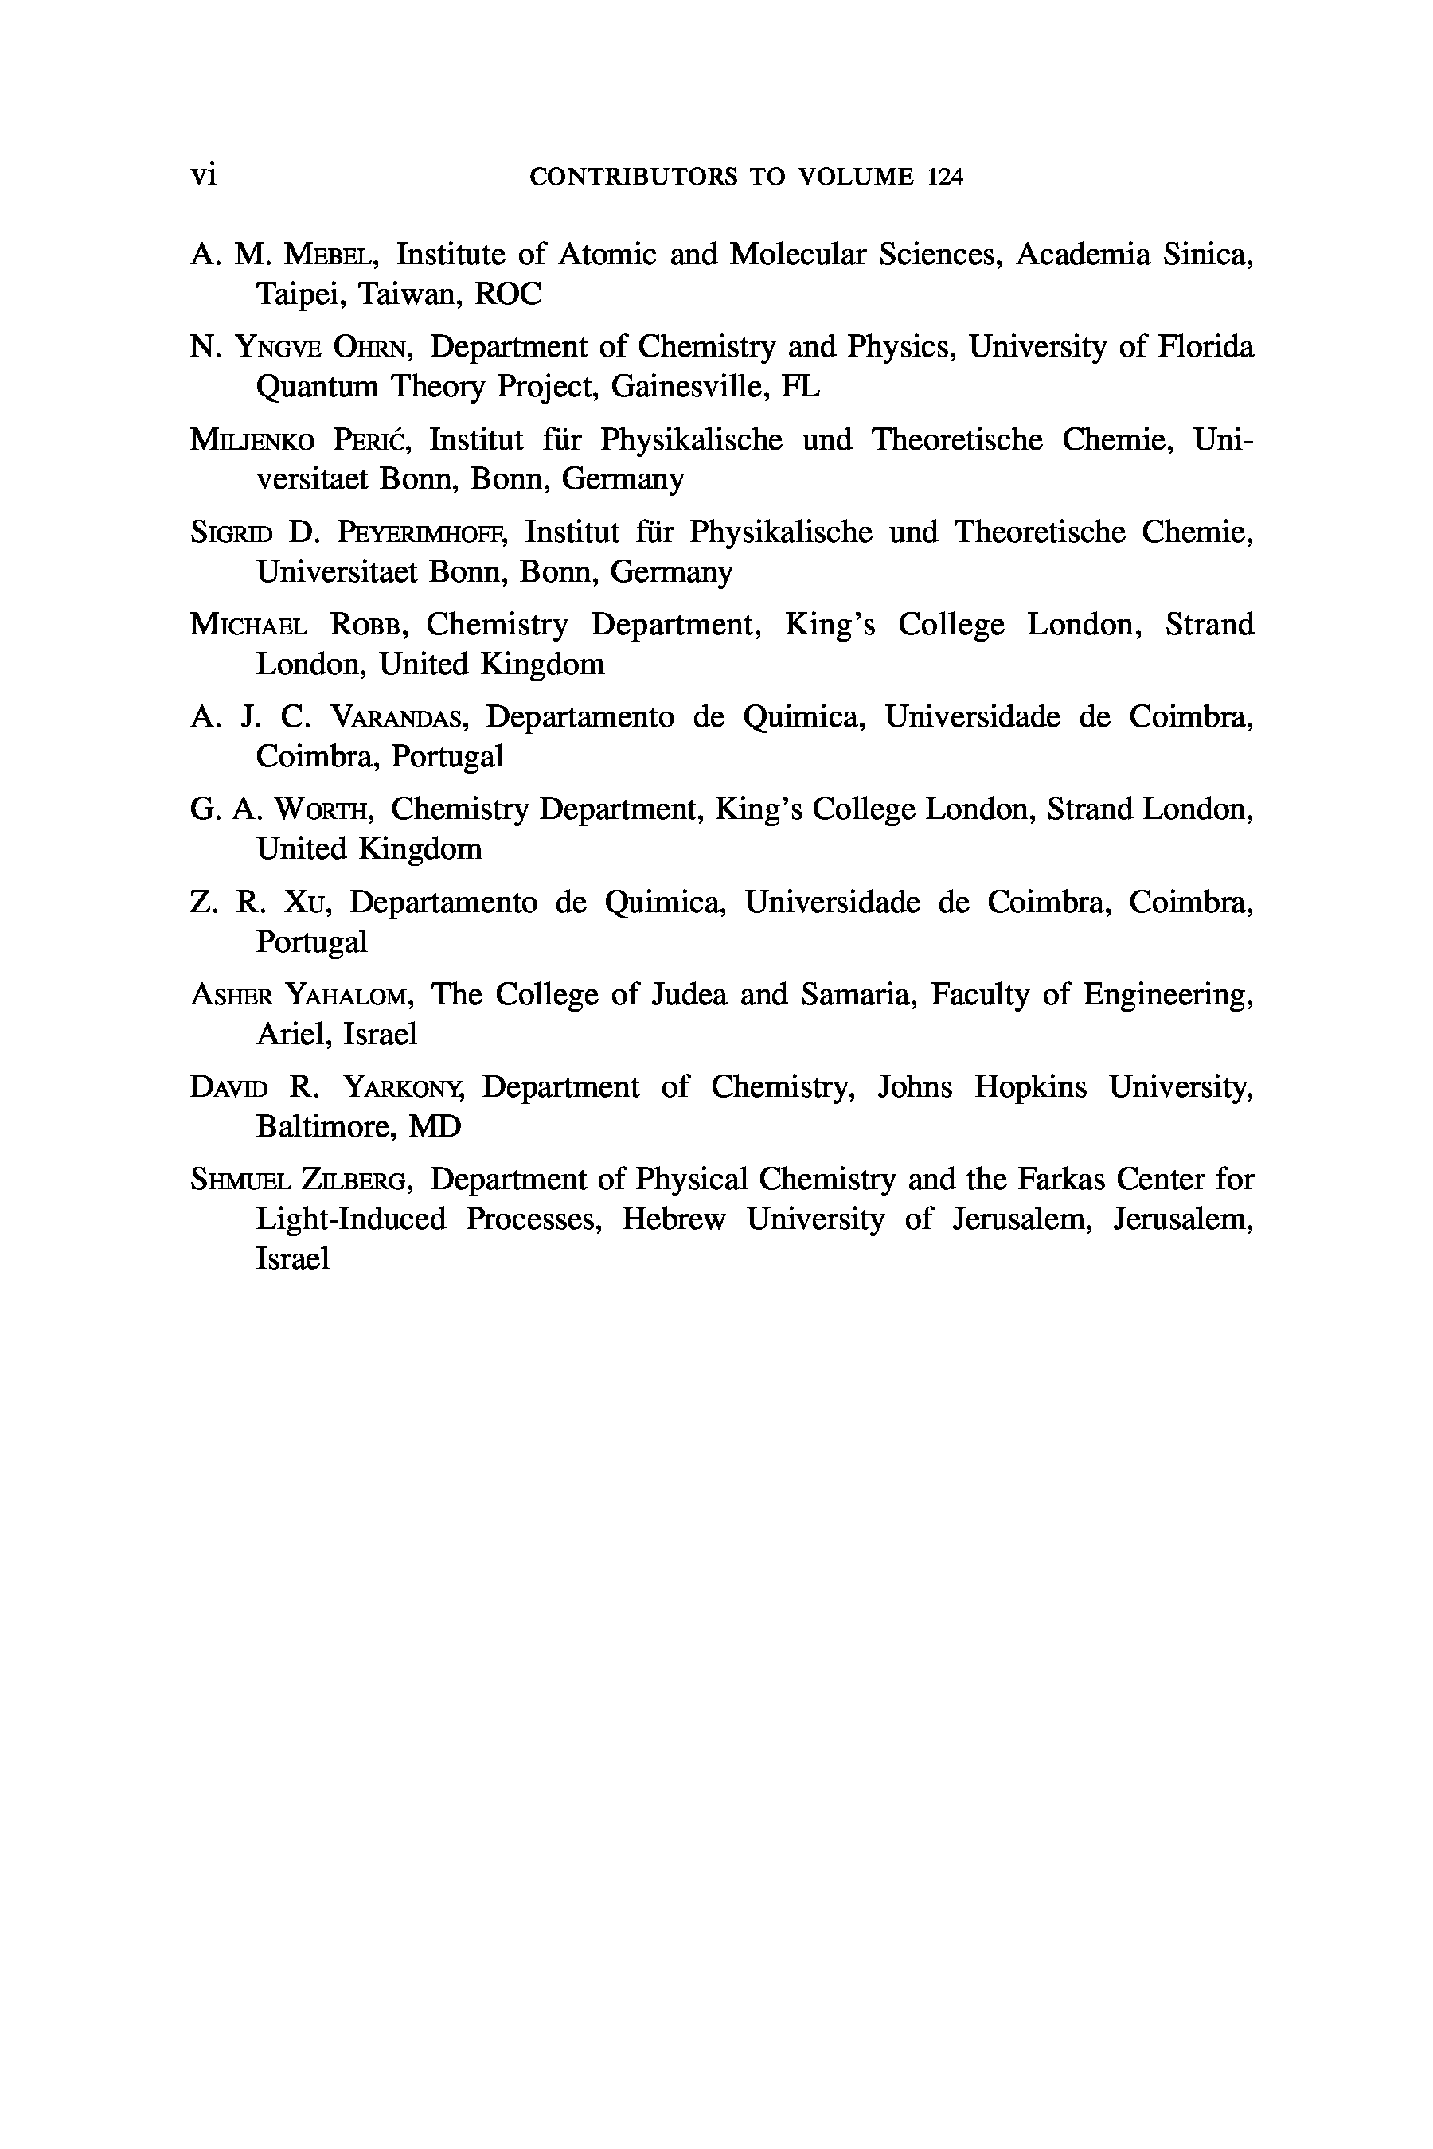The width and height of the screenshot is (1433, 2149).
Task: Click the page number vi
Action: click(x=203, y=174)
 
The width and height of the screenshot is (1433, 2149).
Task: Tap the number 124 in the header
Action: click(x=945, y=177)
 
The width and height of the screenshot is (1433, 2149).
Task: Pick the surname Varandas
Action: click(x=397, y=717)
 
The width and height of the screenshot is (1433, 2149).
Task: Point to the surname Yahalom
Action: click(x=352, y=994)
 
